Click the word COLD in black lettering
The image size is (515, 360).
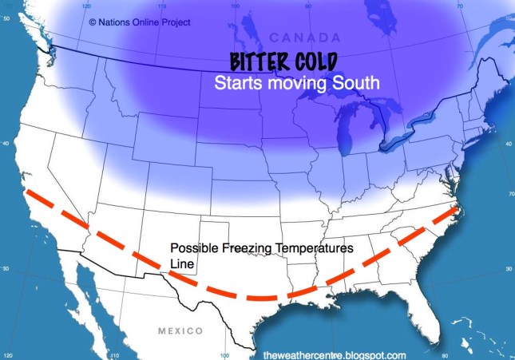coord(312,62)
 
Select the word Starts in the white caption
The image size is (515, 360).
coord(236,82)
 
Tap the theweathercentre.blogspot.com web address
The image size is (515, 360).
coord(335,354)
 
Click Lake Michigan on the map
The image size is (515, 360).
coord(344,133)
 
